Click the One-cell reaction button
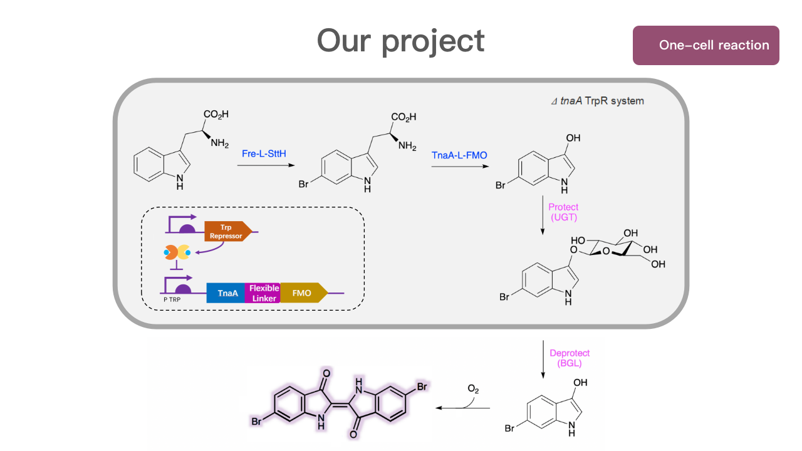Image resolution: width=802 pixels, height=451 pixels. (706, 45)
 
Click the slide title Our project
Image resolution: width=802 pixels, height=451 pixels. (400, 41)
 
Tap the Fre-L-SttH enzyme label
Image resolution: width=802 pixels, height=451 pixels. (265, 153)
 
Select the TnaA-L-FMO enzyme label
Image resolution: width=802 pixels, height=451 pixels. (459, 155)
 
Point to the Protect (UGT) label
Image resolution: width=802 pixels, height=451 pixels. (563, 212)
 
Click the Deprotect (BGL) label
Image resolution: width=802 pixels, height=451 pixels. (570, 358)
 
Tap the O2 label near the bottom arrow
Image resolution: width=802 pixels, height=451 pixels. (473, 389)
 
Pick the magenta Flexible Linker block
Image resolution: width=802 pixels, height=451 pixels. (264, 293)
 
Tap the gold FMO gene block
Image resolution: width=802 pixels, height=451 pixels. (303, 293)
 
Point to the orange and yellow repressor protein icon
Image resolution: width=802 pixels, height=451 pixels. (177, 252)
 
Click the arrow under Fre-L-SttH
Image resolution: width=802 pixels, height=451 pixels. (265, 166)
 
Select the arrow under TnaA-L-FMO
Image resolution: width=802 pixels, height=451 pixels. (459, 167)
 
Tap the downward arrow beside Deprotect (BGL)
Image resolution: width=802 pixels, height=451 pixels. (543, 359)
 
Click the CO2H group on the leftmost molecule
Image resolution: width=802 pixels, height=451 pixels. (216, 115)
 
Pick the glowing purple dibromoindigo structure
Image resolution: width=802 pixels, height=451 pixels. (339, 405)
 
